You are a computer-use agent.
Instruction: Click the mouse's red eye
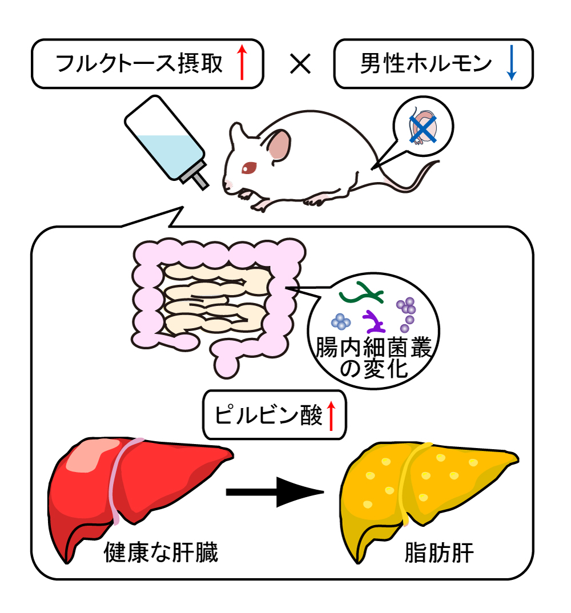point(250,167)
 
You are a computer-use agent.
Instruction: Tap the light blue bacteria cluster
point(341,322)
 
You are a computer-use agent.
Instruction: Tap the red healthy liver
point(137,485)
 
